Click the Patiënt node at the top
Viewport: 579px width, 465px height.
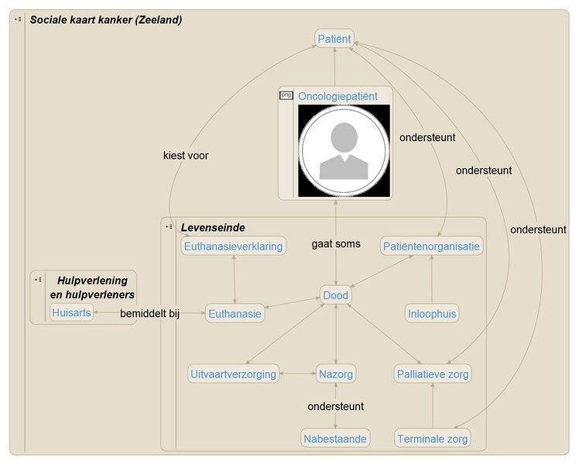click(x=334, y=38)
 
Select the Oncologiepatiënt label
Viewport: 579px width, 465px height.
click(x=337, y=96)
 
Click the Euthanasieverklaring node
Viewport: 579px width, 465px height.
click(x=233, y=246)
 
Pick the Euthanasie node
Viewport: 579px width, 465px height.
click(x=235, y=314)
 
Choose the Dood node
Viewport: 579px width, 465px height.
click(x=335, y=295)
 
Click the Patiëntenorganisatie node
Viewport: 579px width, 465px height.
click(x=432, y=246)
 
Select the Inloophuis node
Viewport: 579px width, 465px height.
click(x=432, y=314)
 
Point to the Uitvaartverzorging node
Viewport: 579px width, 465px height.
click(x=233, y=374)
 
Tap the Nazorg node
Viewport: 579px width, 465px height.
click(x=335, y=374)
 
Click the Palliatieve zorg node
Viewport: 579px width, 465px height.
click(x=432, y=374)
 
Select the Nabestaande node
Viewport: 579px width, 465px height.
click(x=335, y=439)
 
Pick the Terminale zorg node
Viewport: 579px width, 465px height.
click(x=432, y=439)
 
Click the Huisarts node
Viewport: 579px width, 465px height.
click(x=71, y=313)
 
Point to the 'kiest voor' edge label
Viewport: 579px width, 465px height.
click(x=186, y=155)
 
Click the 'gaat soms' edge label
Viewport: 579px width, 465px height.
click(x=336, y=244)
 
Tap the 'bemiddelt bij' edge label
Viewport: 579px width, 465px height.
click(x=149, y=314)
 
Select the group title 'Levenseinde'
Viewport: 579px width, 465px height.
click(x=213, y=228)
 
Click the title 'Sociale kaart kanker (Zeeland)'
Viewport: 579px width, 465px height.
click(x=106, y=19)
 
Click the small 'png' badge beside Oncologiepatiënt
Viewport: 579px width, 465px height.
click(x=286, y=95)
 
